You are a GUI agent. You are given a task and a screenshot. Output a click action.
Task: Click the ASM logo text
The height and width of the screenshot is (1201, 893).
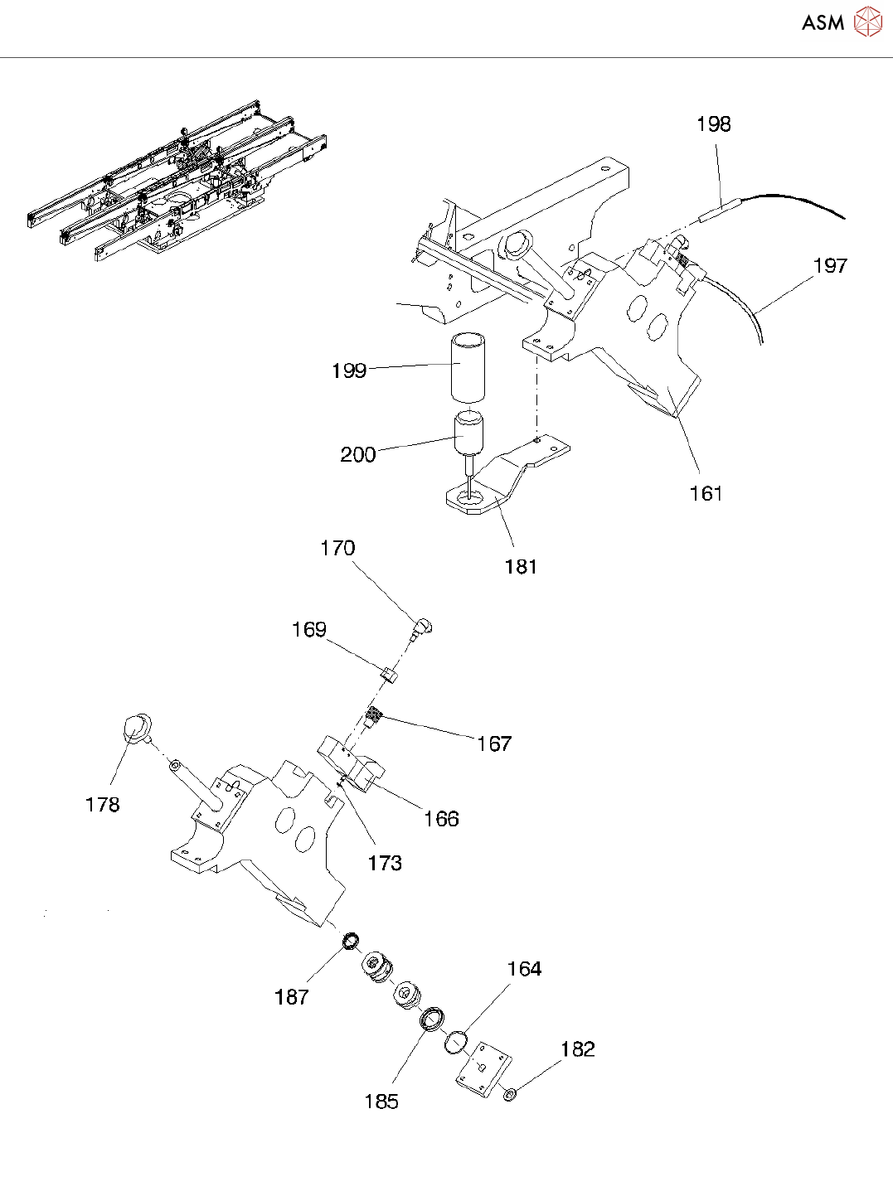click(823, 23)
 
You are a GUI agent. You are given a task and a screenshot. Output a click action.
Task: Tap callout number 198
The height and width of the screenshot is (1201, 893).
click(713, 124)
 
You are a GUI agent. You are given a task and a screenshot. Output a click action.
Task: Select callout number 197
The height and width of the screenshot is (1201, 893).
click(830, 266)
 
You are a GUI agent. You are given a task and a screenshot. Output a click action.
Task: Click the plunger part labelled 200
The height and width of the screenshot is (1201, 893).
click(469, 435)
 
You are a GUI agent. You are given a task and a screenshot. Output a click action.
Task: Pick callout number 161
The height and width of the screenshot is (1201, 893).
click(706, 494)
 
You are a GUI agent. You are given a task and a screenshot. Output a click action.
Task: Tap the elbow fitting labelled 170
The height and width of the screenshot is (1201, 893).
click(423, 627)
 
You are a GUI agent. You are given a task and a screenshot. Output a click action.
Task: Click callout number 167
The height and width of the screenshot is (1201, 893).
click(493, 744)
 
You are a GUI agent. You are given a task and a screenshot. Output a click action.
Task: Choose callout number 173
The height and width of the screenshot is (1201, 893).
click(385, 864)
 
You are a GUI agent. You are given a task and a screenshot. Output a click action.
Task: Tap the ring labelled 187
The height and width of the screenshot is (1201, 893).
click(351, 942)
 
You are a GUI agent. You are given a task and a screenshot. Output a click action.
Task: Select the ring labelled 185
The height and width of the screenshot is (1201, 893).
click(430, 1019)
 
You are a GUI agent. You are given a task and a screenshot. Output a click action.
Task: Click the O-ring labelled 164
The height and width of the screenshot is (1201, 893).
click(455, 1043)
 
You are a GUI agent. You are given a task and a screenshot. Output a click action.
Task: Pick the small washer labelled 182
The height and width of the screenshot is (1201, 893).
click(510, 1096)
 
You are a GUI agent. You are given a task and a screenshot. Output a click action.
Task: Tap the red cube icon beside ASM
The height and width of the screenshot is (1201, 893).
click(867, 22)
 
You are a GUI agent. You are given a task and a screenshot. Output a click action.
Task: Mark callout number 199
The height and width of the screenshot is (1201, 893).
click(348, 370)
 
